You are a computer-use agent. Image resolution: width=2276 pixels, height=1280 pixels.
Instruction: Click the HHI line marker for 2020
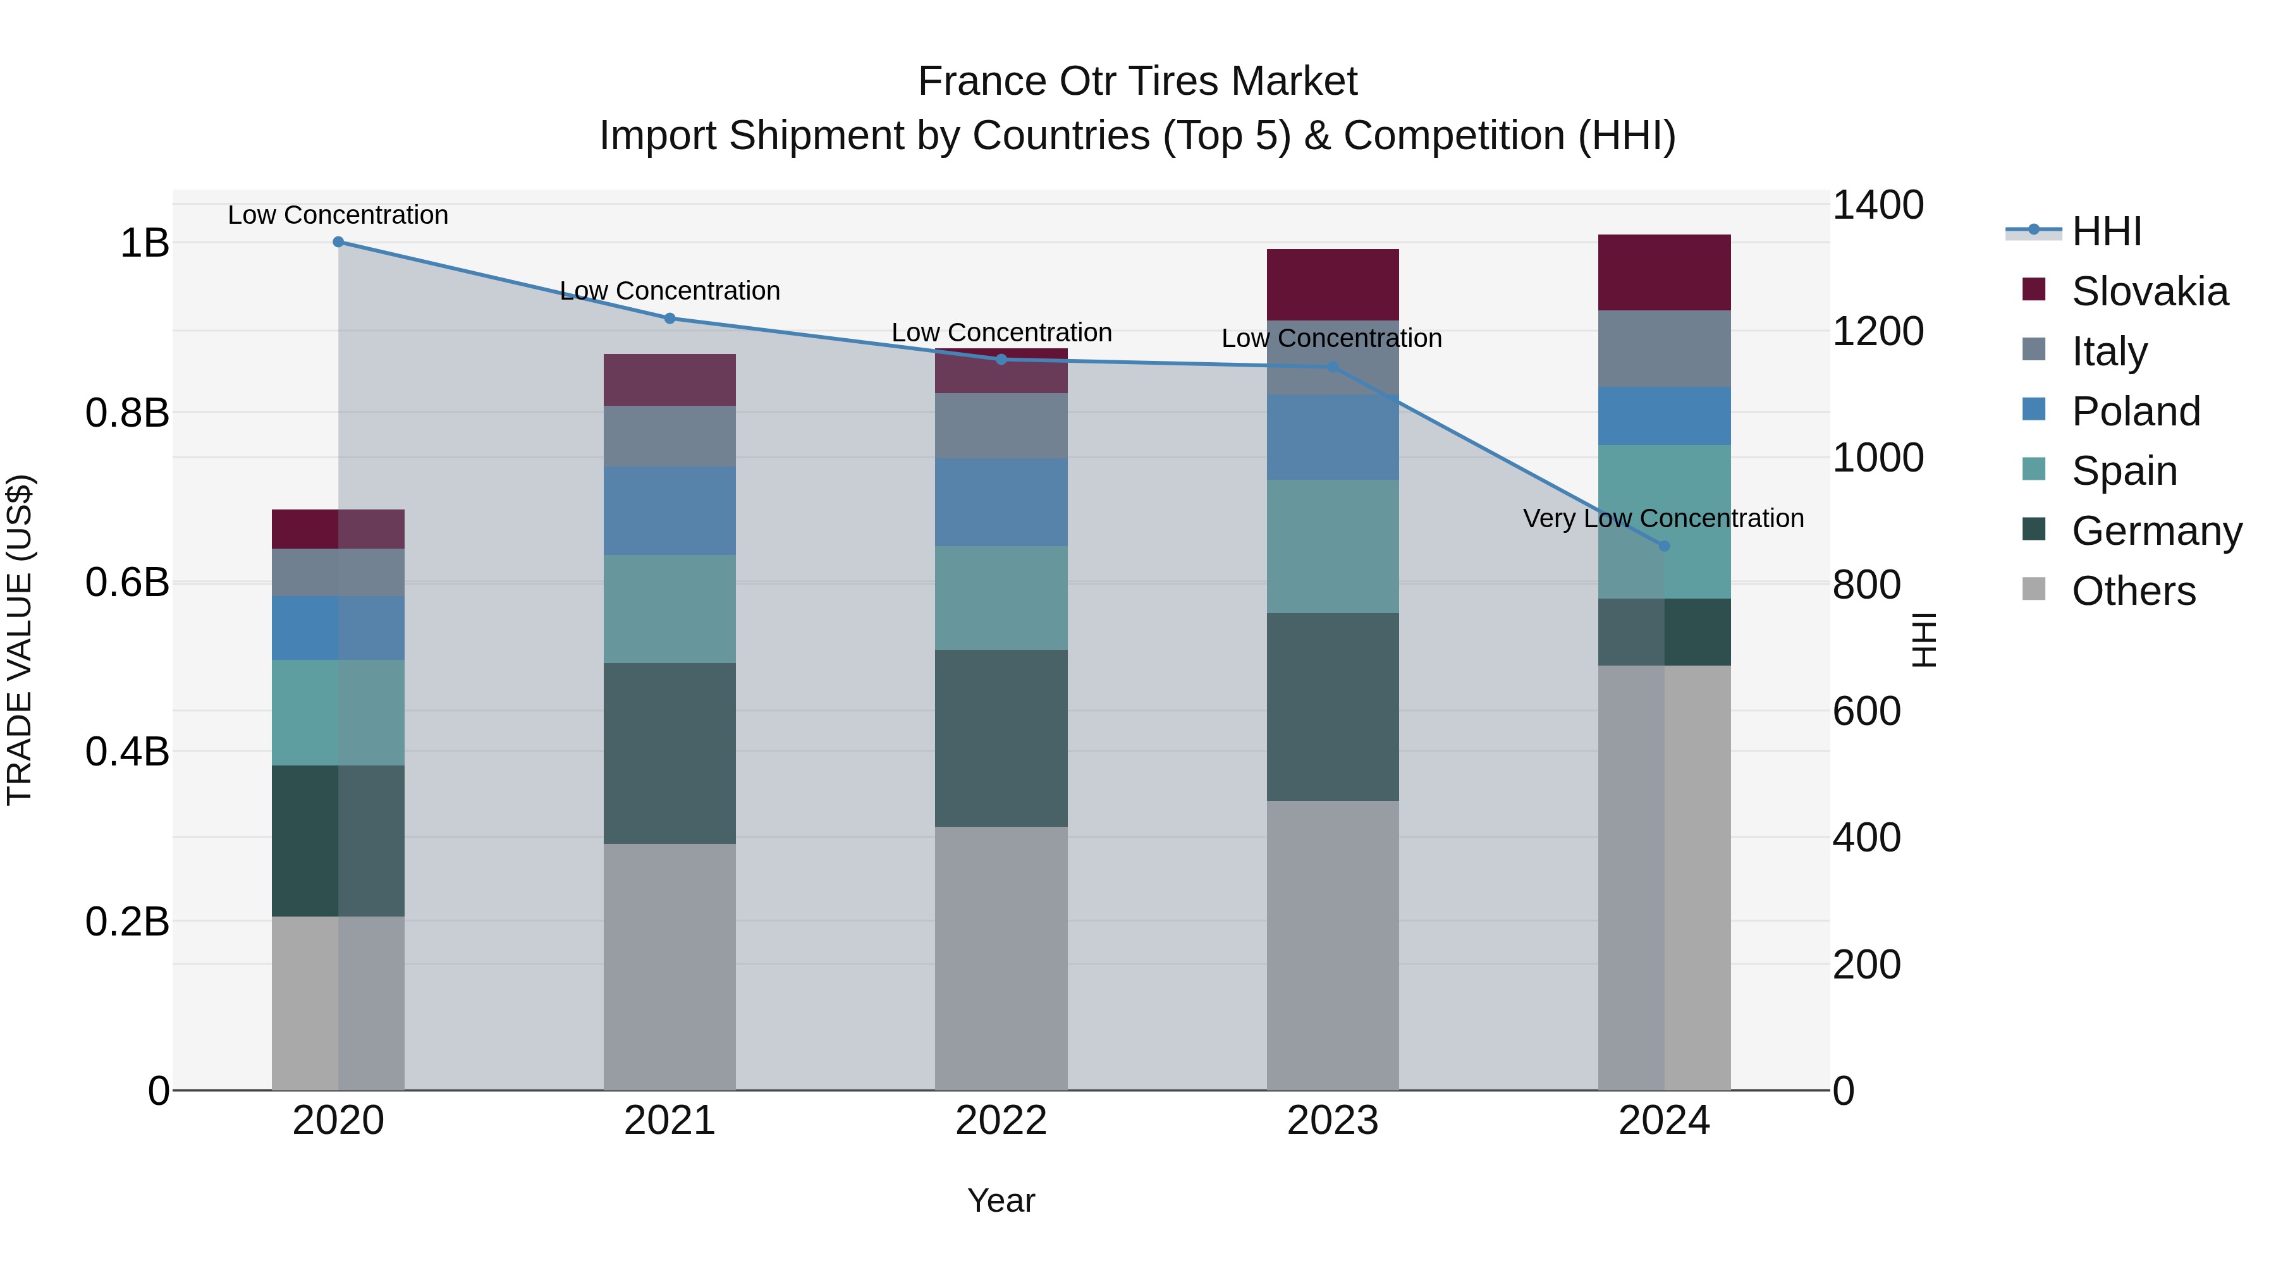click(338, 242)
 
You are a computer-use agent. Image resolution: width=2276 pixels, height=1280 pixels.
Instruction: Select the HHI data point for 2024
click(1665, 546)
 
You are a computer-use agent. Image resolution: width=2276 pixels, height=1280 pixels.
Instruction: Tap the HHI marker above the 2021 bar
click(670, 318)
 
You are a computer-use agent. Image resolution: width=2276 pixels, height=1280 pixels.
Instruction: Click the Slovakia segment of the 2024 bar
click(1665, 272)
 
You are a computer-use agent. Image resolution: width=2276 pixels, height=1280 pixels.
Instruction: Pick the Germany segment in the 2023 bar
click(1332, 707)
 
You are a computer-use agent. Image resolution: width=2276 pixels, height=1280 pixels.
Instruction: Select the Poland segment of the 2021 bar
click(670, 511)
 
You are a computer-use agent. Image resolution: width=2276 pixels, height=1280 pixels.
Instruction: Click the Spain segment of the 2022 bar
click(1001, 598)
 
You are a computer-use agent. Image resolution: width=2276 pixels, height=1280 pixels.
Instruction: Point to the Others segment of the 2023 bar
click(1332, 945)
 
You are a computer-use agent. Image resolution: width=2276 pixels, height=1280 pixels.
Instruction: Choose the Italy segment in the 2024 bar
click(1665, 348)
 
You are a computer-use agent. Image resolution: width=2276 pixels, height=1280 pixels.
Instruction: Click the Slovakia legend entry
click(2149, 291)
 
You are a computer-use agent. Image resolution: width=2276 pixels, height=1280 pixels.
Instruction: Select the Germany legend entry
click(2156, 531)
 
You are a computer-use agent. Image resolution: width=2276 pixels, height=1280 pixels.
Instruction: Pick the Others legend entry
click(2133, 591)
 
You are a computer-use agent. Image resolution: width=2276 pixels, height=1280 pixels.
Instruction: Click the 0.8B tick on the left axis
click(127, 413)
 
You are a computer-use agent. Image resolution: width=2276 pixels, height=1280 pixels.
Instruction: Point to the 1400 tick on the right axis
click(1878, 205)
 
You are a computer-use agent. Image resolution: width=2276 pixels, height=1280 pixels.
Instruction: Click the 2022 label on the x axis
click(1001, 1121)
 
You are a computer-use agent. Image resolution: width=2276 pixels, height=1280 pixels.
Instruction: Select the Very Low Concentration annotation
click(1663, 518)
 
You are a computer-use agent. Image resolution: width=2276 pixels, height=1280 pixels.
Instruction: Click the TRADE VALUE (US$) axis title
click(20, 640)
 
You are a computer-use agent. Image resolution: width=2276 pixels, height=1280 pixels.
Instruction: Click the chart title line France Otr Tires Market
click(1137, 82)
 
